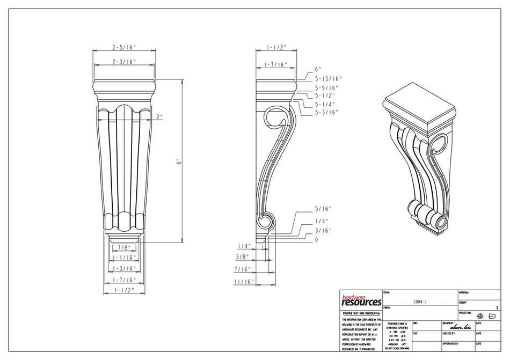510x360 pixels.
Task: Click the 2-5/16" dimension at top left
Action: pos(124,48)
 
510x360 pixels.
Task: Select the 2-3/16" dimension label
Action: pos(124,62)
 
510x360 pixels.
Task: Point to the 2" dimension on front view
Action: pos(159,116)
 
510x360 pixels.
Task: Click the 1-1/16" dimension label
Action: pos(124,258)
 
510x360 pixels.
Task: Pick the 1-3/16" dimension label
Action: pos(124,268)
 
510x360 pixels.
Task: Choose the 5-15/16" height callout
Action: pos(328,78)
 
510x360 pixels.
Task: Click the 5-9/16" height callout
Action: pos(326,87)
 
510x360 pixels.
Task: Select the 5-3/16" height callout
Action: pos(326,112)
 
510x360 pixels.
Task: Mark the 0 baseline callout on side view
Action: pos(317,240)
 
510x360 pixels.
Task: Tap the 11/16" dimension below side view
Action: pos(243,281)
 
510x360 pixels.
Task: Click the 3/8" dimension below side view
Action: pos(243,256)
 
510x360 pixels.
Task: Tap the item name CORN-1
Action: pos(420,302)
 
